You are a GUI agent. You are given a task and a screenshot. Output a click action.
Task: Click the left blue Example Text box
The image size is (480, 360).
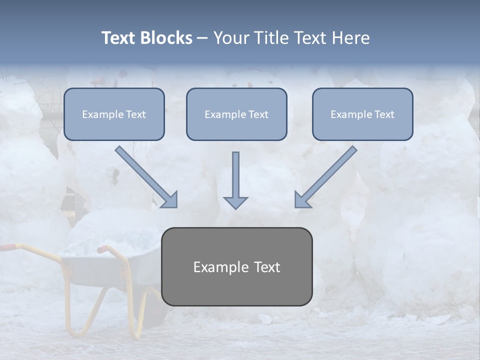point(114,114)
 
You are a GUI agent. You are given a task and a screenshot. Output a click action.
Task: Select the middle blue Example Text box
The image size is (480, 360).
point(236,114)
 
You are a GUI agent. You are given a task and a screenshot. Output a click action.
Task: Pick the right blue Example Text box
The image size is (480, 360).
point(362,114)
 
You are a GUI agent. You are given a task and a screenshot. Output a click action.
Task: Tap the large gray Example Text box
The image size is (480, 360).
point(236,266)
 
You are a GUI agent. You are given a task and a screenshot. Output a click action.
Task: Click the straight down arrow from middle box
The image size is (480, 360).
point(235,175)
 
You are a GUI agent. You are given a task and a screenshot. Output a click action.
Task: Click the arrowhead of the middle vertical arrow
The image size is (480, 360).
point(235,202)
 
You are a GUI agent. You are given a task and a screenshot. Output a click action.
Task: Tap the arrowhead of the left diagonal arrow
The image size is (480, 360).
point(170,200)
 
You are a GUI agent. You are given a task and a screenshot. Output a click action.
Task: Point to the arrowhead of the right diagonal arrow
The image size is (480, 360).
point(301,200)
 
